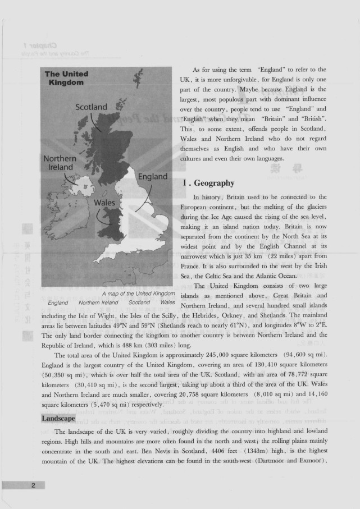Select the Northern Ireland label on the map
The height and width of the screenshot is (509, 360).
60,163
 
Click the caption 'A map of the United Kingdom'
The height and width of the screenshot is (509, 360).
139,294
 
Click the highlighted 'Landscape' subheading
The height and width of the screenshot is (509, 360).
58,419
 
